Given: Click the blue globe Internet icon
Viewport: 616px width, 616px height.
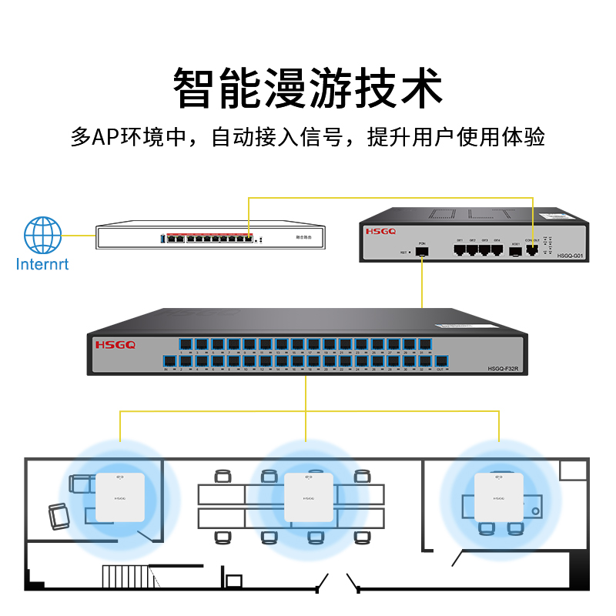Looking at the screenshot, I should click(x=42, y=235).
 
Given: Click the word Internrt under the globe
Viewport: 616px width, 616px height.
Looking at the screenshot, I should click(x=42, y=265).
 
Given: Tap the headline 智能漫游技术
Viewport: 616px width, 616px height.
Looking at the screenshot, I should click(x=308, y=86).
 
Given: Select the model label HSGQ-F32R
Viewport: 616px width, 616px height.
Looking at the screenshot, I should click(x=505, y=369).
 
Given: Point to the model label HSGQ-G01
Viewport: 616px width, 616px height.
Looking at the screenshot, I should click(x=571, y=255).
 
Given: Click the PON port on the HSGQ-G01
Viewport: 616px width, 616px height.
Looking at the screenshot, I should click(x=422, y=250).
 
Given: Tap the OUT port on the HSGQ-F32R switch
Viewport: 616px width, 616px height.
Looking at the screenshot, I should click(x=440, y=360).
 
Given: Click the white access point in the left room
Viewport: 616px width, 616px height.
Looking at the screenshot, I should click(x=119, y=497).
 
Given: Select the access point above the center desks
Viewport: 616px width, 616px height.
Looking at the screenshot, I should click(x=309, y=497).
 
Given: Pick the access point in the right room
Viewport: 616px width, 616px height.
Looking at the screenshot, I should click(x=498, y=497).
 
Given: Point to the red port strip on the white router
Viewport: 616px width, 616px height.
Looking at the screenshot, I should click(x=209, y=233).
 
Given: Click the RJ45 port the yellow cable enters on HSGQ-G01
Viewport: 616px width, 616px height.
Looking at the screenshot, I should click(x=531, y=249).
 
